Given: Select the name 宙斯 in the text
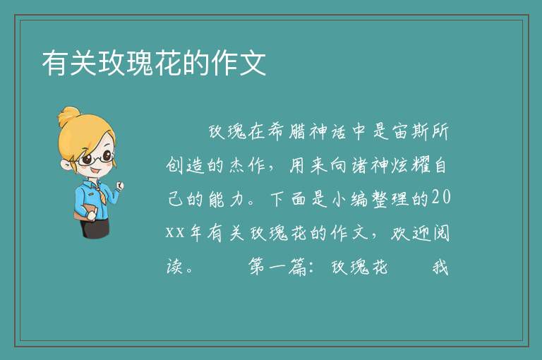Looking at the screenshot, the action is pyautogui.click(x=410, y=131).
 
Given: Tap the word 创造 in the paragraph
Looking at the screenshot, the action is pyautogui.click(x=185, y=165).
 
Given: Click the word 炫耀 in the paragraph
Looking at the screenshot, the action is pyautogui.click(x=410, y=165).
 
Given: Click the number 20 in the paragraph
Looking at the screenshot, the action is pyautogui.click(x=441, y=197).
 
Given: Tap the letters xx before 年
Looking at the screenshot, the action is pyautogui.click(x=175, y=232).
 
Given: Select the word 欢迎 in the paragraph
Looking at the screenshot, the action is pyautogui.click(x=410, y=233).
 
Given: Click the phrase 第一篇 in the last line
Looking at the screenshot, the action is pyautogui.click(x=277, y=267).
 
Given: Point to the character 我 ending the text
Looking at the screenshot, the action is pyautogui.click(x=440, y=267).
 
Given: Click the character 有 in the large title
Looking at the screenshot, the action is pyautogui.click(x=55, y=63).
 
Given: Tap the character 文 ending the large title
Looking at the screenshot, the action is pyautogui.click(x=253, y=63).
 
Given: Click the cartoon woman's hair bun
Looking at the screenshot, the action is pyautogui.click(x=69, y=116).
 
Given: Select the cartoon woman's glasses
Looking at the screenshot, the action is pyautogui.click(x=96, y=158).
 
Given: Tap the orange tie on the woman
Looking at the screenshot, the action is pyautogui.click(x=101, y=195).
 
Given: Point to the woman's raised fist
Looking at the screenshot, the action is pyautogui.click(x=119, y=187).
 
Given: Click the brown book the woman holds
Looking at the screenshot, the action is pyautogui.click(x=85, y=212).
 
